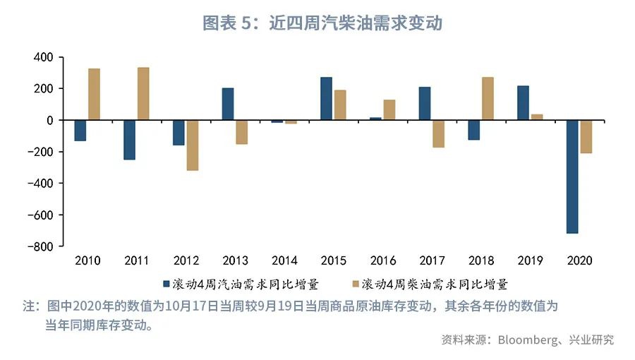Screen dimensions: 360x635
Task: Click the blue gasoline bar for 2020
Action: pyautogui.click(x=572, y=176)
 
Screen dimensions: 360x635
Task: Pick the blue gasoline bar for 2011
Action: pyautogui.click(x=129, y=140)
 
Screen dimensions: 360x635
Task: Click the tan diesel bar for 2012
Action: pyautogui.click(x=192, y=145)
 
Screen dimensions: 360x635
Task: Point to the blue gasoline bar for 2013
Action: pyautogui.click(x=228, y=104)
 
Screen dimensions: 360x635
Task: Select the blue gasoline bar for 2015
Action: pyautogui.click(x=326, y=99)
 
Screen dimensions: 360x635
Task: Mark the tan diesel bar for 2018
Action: pyautogui.click(x=488, y=99)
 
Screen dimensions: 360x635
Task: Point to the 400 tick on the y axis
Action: pyautogui.click(x=44, y=57)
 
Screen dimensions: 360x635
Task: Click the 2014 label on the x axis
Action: pyautogui.click(x=284, y=261)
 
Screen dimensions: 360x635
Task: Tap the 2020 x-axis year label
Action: pyautogui.click(x=579, y=261)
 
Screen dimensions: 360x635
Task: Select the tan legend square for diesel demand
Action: pyautogui.click(x=356, y=284)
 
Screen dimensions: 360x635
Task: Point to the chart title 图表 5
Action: pyautogui.click(x=226, y=23)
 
